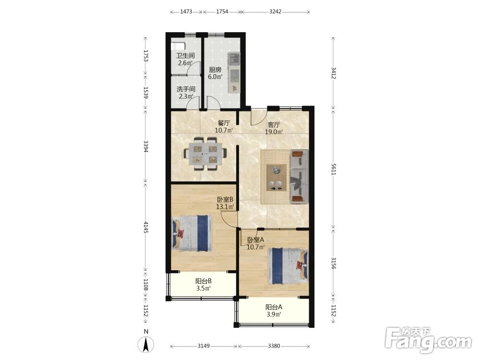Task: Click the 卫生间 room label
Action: coord(185,56)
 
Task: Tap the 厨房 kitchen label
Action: coord(215,70)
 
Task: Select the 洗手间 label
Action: coord(186,89)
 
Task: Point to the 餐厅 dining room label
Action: coord(224,123)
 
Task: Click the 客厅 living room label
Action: coord(274,125)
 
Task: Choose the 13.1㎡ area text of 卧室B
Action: coord(225,206)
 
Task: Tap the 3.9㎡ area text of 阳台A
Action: coord(274,314)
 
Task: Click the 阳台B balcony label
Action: coord(204,281)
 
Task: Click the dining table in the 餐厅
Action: coord(205,154)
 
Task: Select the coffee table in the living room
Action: coord(276,178)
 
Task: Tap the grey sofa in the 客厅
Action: coord(300,177)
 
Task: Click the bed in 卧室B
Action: coord(192,233)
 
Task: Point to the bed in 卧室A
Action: coord(288,266)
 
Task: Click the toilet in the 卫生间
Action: coord(178,46)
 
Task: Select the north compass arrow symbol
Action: coord(146,344)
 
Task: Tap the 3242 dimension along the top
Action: coord(276,12)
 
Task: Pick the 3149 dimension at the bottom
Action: coord(204,346)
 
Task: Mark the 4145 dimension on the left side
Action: coord(146,227)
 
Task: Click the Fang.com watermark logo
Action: coord(428,340)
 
